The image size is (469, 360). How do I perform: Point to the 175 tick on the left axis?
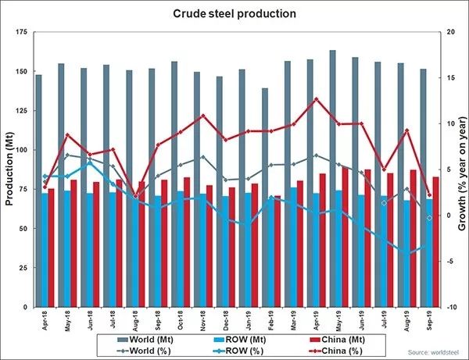click(x=22, y=32)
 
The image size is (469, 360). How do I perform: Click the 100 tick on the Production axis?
click(x=22, y=150)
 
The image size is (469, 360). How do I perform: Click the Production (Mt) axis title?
click(x=9, y=169)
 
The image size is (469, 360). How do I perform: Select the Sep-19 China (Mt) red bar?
click(x=435, y=241)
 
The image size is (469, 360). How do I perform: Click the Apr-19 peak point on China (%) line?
click(x=316, y=99)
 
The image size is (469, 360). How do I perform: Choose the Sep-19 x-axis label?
click(x=428, y=319)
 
